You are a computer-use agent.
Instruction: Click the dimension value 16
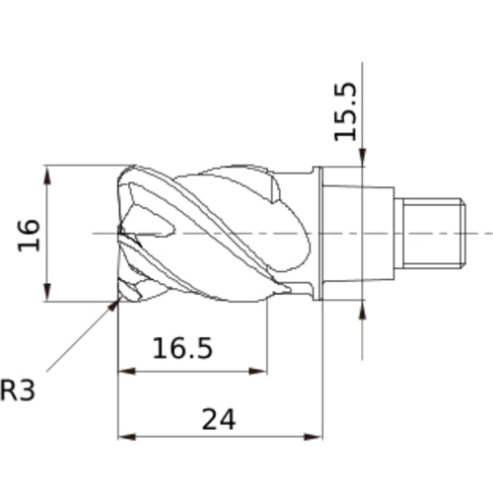29,235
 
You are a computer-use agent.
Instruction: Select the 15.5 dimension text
346,111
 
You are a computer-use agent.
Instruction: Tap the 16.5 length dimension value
182,348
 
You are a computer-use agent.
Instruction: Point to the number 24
219,419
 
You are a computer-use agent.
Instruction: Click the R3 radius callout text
18,390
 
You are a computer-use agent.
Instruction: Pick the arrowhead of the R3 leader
113,305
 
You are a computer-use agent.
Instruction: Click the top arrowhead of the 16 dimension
48,176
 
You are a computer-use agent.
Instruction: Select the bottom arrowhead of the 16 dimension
48,291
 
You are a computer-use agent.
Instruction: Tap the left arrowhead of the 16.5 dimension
127,372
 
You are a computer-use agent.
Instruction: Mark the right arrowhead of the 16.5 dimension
258,372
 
